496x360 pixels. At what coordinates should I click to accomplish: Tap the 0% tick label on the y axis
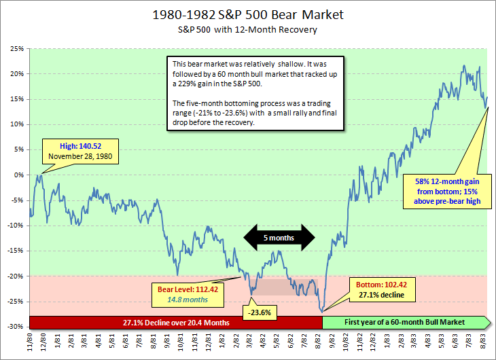[x=18, y=175]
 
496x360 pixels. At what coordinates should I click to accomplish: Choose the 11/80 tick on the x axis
[x=31, y=342]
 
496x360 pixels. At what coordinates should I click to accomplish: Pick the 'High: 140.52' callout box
[x=79, y=151]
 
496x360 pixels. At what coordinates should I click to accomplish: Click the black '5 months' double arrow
[x=280, y=237]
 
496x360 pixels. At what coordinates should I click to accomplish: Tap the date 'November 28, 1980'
[x=79, y=157]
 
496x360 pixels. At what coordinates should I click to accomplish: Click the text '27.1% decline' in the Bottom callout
[x=381, y=295]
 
